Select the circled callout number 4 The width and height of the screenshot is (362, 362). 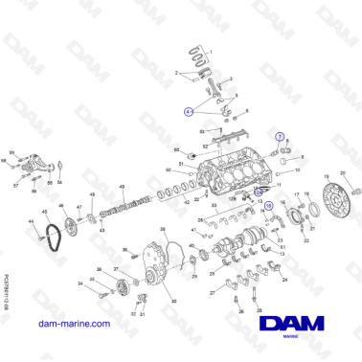point(189,111)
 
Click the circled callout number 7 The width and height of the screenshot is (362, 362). point(280,138)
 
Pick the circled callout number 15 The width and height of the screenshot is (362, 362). point(268,205)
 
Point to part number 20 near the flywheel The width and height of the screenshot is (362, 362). point(343,173)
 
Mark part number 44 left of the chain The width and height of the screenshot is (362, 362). point(31,222)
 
